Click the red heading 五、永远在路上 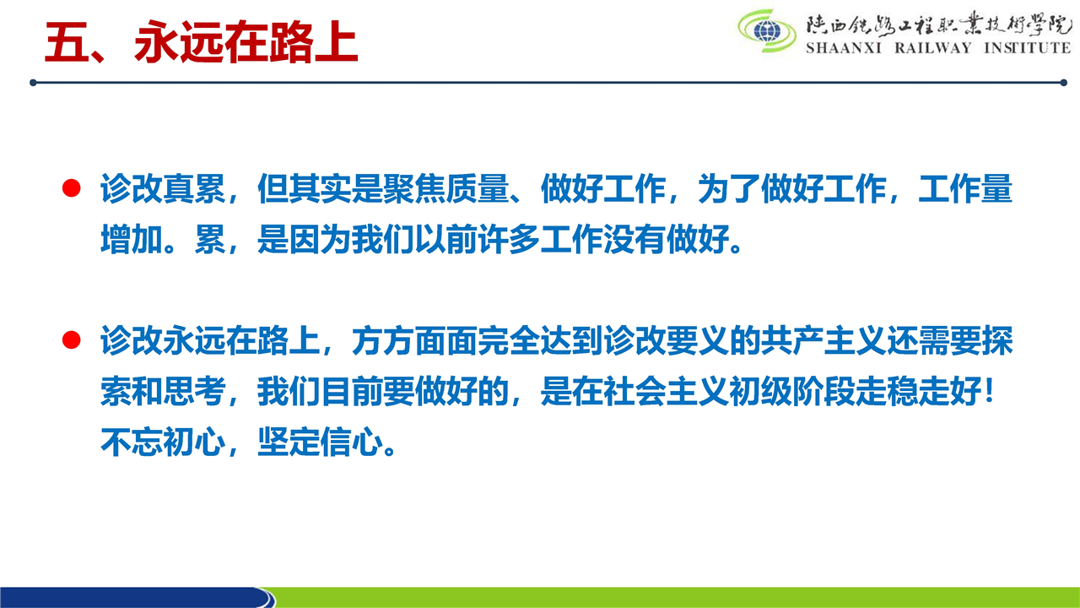pyautogui.click(x=201, y=42)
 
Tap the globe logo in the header pyautogui.click(x=767, y=31)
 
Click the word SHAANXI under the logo pyautogui.click(x=844, y=48)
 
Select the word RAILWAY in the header pyautogui.click(x=933, y=48)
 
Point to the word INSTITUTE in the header pyautogui.click(x=1027, y=48)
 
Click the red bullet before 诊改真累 pyautogui.click(x=72, y=188)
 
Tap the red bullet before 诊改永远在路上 pyautogui.click(x=72, y=339)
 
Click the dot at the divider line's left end pyautogui.click(x=33, y=83)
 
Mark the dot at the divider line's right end pyautogui.click(x=1064, y=83)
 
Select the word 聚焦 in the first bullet pyautogui.click(x=414, y=188)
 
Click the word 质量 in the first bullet pyautogui.click(x=478, y=188)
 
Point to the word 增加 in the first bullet pyautogui.click(x=132, y=239)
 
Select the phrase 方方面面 pyautogui.click(x=414, y=340)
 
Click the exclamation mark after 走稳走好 pyautogui.click(x=990, y=391)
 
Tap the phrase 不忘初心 pyautogui.click(x=163, y=442)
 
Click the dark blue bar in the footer pyautogui.click(x=138, y=597)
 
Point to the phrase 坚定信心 pyautogui.click(x=320, y=442)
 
